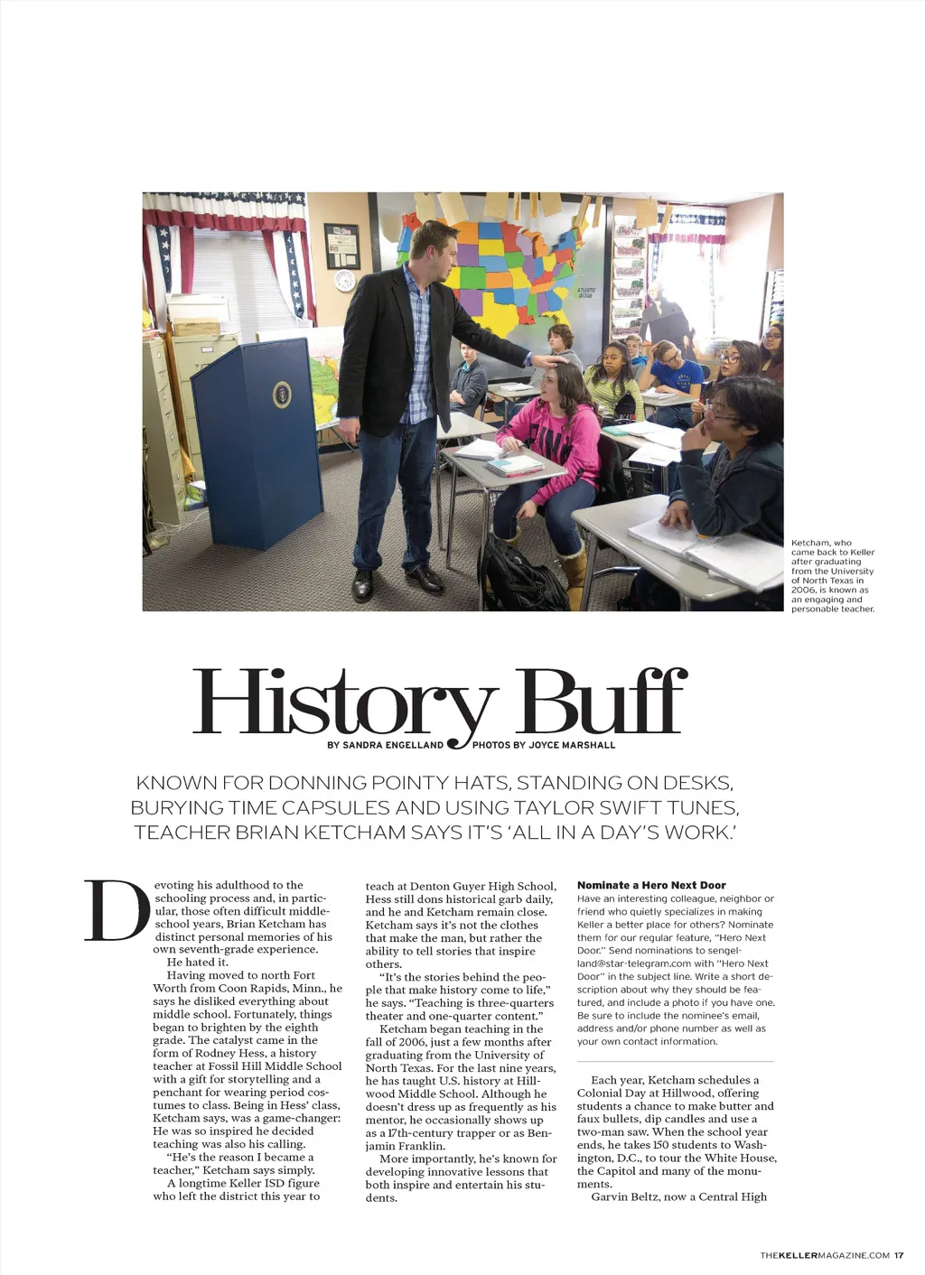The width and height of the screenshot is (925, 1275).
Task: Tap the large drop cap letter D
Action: (117, 911)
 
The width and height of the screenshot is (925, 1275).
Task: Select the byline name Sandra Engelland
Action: (394, 745)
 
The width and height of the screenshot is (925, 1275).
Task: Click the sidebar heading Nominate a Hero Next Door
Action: (651, 885)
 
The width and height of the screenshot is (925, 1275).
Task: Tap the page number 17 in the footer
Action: (899, 1255)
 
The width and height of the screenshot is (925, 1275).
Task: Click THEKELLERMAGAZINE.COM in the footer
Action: (825, 1255)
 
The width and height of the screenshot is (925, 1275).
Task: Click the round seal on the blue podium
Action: (282, 394)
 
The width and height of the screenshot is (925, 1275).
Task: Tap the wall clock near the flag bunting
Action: (344, 280)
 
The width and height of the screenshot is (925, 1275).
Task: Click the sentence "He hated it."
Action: (197, 962)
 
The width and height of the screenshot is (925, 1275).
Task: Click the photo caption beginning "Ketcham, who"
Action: (832, 575)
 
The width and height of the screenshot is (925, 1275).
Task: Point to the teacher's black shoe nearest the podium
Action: (363, 584)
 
